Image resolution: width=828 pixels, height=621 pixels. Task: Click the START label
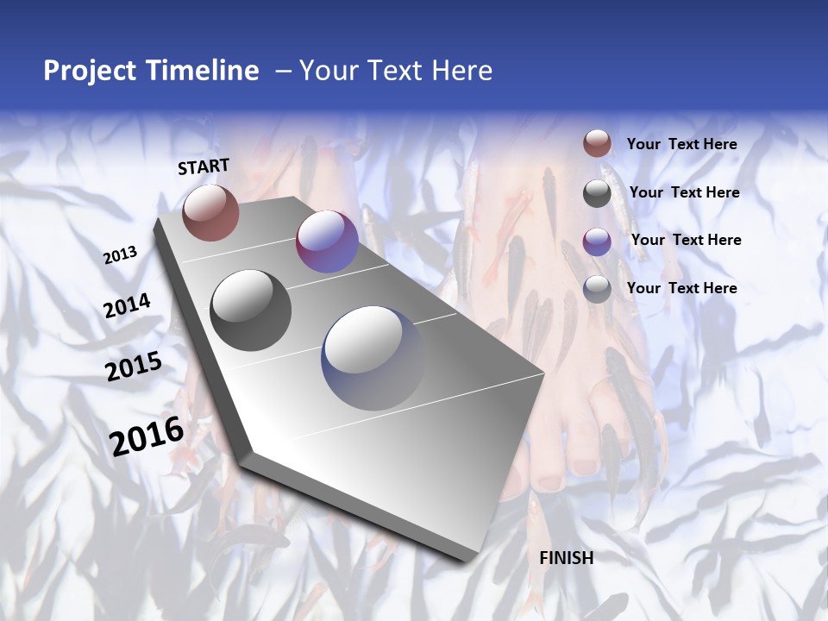pos(204,166)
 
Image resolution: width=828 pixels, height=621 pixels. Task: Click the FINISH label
pos(567,558)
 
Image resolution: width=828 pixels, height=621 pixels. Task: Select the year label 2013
pos(121,255)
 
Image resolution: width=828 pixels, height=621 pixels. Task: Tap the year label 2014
pos(128,305)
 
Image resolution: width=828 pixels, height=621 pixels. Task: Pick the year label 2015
pos(134,367)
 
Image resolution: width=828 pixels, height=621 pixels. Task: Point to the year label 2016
pos(147,436)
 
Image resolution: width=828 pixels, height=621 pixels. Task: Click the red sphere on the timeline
pos(210,213)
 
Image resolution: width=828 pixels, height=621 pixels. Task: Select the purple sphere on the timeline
pos(327,241)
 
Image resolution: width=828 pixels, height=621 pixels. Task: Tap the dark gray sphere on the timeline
pos(251,310)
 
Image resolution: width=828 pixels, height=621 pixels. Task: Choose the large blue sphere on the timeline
pos(374,358)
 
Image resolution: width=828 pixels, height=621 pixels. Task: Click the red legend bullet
pos(597,144)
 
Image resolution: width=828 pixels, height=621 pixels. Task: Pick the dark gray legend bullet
pos(597,193)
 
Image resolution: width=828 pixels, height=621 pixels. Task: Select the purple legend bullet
pos(597,241)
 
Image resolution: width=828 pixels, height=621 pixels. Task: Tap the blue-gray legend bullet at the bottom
pos(597,288)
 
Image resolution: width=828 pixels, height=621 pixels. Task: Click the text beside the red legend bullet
pos(681,144)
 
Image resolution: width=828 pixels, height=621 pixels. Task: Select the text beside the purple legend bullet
pos(686,240)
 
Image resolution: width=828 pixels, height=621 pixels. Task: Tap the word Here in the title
pos(461,71)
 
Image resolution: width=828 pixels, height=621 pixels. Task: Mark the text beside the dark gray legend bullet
pos(684,192)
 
